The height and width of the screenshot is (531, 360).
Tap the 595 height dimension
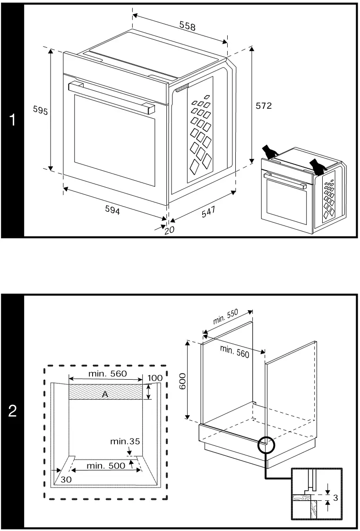[40, 110]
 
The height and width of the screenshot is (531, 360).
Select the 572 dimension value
[264, 106]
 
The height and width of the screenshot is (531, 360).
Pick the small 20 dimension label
[169, 230]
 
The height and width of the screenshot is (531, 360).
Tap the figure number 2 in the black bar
[13, 410]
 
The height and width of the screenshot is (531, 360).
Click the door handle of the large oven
[111, 96]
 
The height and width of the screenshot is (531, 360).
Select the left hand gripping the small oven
[271, 152]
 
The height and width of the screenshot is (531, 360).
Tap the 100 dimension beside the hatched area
[154, 378]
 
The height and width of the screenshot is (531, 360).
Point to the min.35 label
[125, 442]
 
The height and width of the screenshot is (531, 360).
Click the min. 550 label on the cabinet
[225, 317]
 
